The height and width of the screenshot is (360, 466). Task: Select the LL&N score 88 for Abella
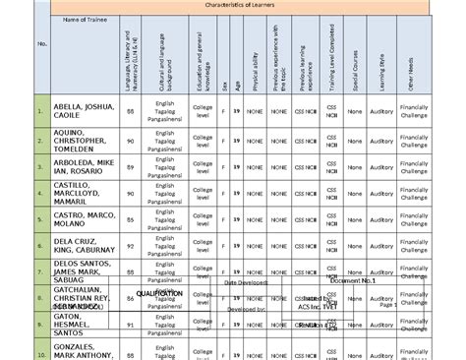131,112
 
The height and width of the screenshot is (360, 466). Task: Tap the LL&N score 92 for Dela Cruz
131,245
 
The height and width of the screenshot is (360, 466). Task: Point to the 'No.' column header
41,43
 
